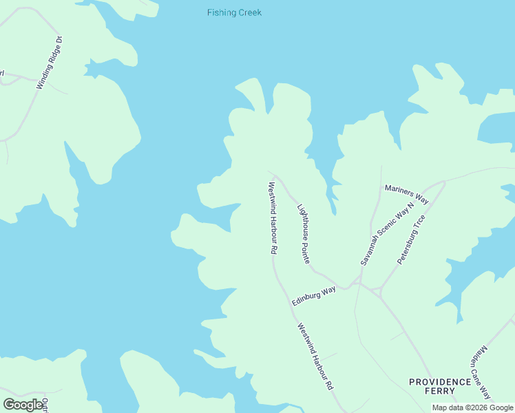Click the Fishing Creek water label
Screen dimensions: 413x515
pos(234,13)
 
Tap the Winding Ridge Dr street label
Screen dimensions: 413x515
pos(50,62)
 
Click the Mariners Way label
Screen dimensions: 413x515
pos(406,194)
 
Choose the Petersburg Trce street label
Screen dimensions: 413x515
pos(412,240)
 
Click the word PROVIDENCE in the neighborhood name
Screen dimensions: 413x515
pos(440,381)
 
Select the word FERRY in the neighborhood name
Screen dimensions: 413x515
pos(441,390)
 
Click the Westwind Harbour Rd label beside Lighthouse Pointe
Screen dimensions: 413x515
pos(273,218)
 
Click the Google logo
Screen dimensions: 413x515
pos(23,405)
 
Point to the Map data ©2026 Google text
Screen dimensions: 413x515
pos(472,407)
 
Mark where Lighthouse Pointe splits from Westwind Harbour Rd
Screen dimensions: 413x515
pos(277,176)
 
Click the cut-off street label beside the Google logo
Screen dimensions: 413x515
pos(45,405)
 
